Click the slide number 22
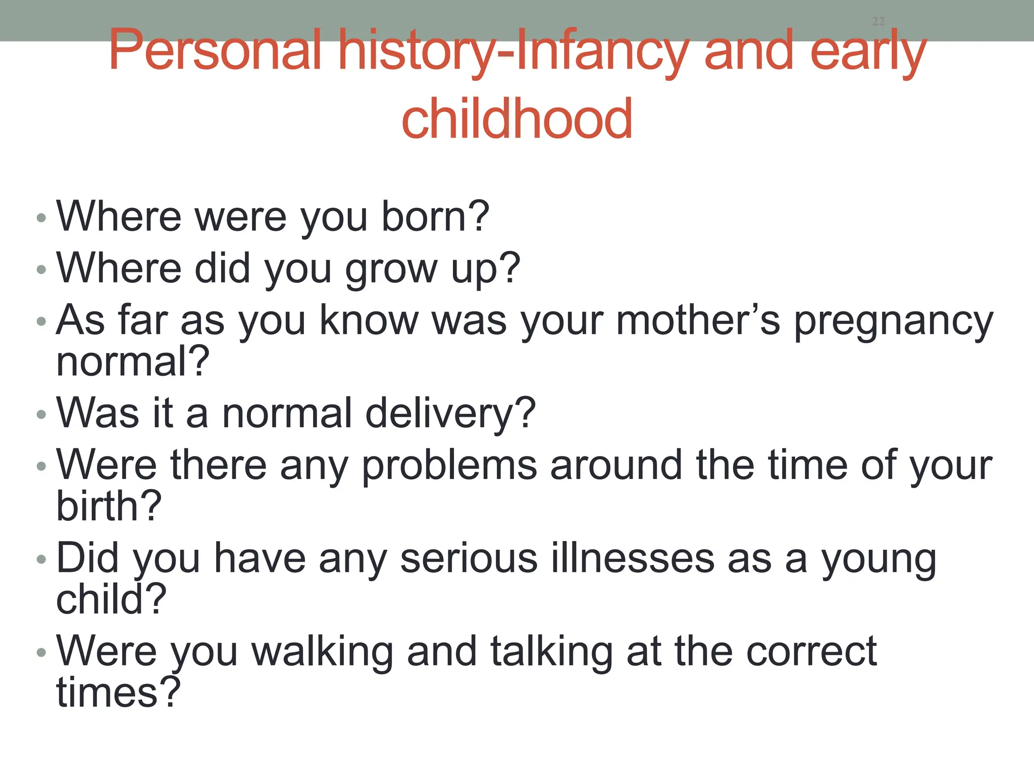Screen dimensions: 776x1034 (x=878, y=21)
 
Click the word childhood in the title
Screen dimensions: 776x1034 (x=516, y=119)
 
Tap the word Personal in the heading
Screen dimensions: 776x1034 (x=215, y=51)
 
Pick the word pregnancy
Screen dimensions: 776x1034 (x=894, y=321)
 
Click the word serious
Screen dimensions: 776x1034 (x=469, y=558)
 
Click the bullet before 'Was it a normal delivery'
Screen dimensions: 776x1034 (x=41, y=415)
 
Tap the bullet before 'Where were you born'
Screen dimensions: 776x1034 (x=41, y=218)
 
